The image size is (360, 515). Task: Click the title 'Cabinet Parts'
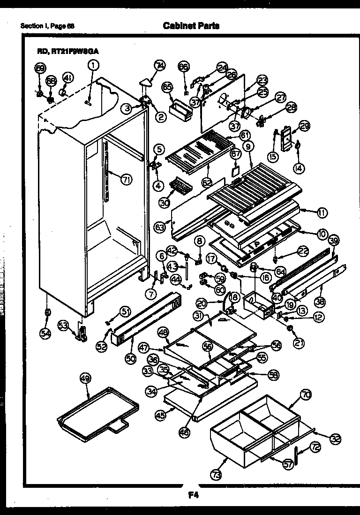(x=191, y=26)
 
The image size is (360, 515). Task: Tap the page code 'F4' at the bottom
(x=193, y=494)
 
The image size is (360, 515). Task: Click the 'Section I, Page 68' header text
(x=47, y=26)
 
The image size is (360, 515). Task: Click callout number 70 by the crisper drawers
(x=306, y=395)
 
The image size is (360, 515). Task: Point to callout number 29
(x=304, y=126)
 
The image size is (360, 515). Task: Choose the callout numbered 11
(x=322, y=212)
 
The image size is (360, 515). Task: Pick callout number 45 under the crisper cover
(x=160, y=414)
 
